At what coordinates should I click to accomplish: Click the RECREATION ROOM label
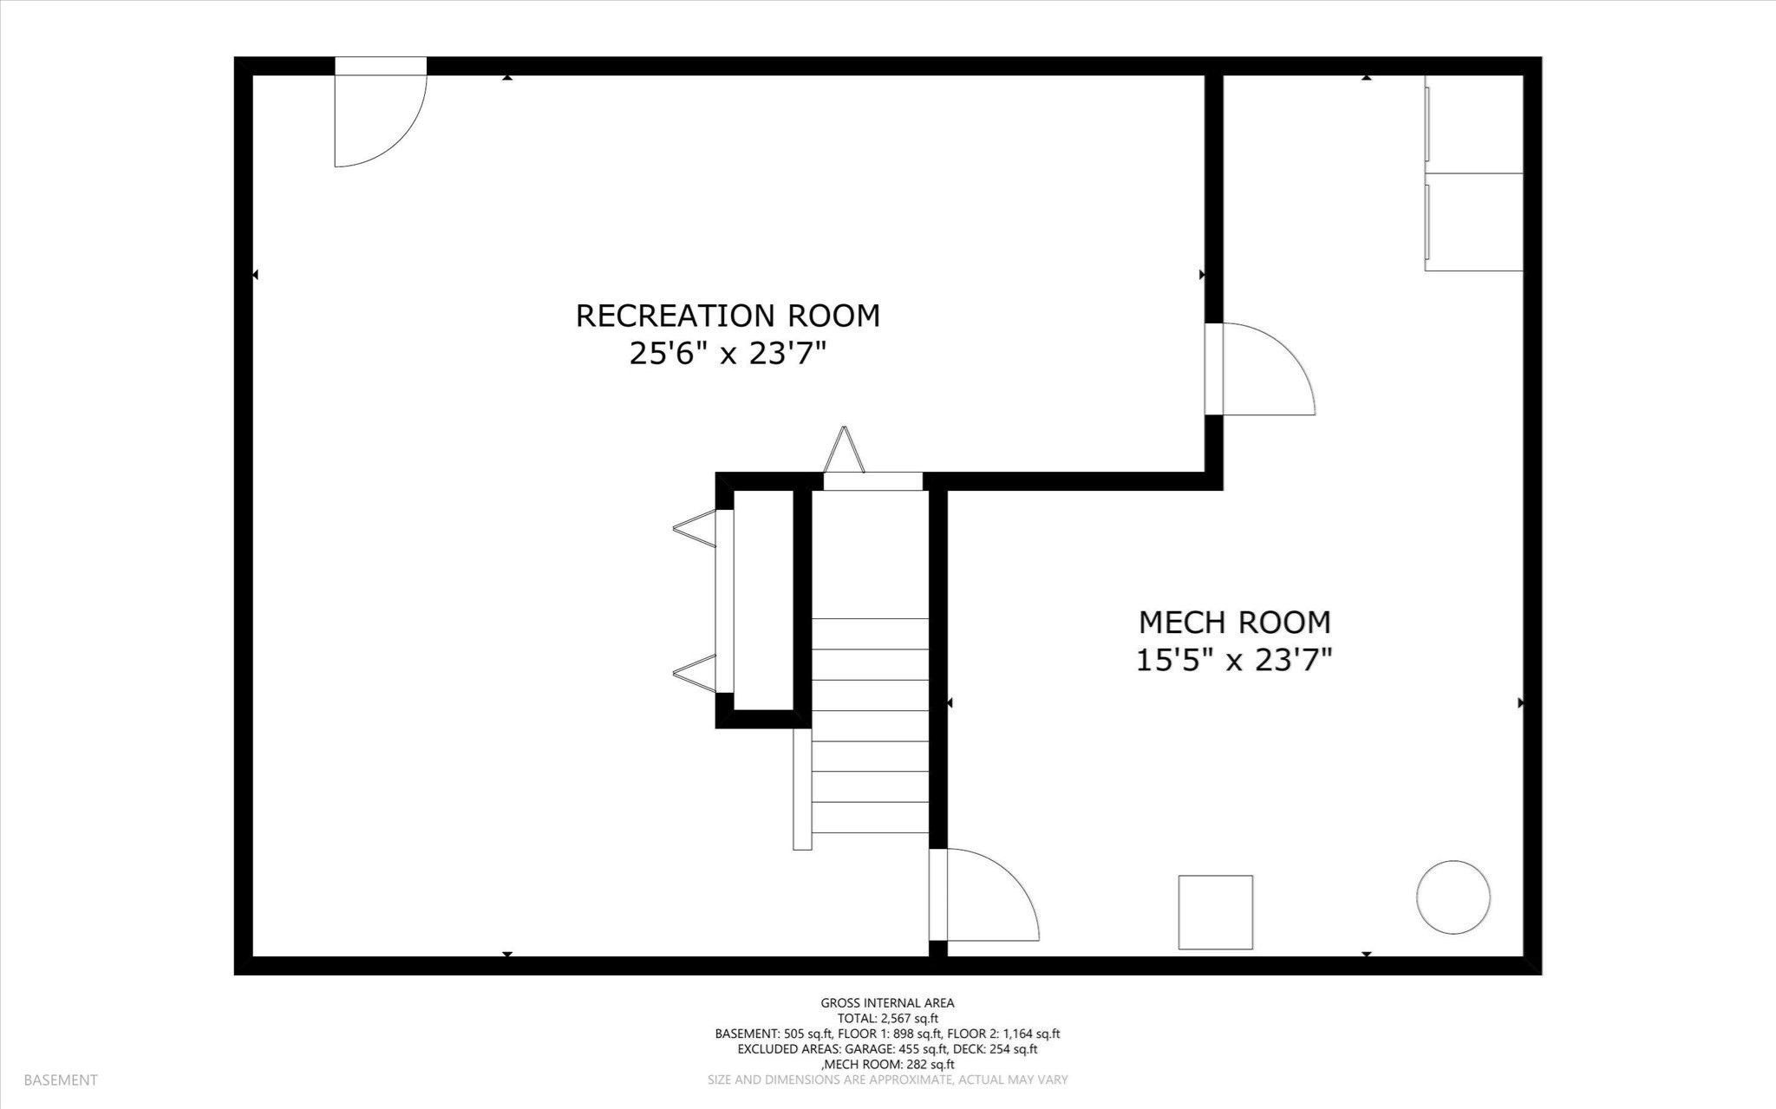coord(728,316)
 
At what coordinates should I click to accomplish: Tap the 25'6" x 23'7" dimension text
coord(728,354)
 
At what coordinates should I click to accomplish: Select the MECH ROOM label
coord(1234,623)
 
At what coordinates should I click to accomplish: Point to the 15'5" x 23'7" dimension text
coord(1234,661)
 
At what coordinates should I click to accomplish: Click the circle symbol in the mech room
coord(1453,897)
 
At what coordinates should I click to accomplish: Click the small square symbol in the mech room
coord(1215,912)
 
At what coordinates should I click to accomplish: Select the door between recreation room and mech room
coord(1262,369)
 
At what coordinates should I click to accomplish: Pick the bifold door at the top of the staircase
coord(845,451)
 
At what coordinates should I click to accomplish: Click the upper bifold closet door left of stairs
coord(696,528)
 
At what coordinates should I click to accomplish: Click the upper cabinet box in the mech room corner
coord(1474,124)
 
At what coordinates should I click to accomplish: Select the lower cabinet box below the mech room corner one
coord(1474,222)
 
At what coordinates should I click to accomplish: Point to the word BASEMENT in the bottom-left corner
coord(61,1080)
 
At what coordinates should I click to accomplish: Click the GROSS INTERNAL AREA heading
coord(887,1003)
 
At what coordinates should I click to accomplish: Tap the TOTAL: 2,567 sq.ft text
coord(887,1019)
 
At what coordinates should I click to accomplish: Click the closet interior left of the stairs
coord(764,600)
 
